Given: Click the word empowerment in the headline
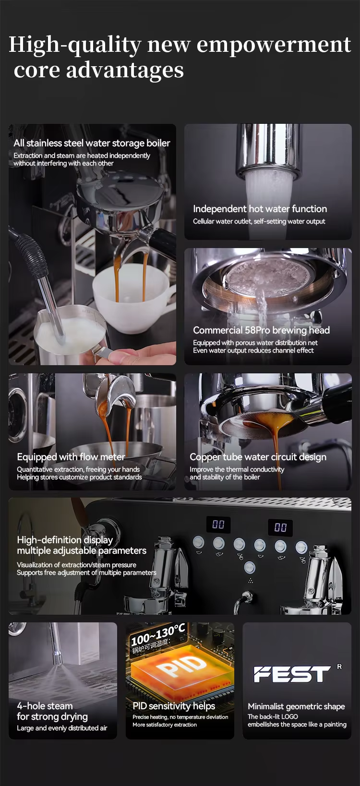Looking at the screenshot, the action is click(x=274, y=45).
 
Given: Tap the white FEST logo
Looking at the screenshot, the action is click(x=292, y=674).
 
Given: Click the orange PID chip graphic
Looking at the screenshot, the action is click(x=182, y=667).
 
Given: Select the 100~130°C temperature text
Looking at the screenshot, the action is click(x=157, y=635).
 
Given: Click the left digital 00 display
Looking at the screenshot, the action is click(x=218, y=524).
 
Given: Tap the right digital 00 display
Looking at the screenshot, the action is click(x=280, y=527).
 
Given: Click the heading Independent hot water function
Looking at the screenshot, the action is click(x=260, y=209).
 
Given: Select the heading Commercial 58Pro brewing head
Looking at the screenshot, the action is click(x=262, y=330).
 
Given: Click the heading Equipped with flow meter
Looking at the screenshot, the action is click(x=71, y=457).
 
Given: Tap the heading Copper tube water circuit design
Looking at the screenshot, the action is click(x=258, y=457).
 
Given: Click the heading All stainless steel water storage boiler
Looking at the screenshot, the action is click(x=92, y=143).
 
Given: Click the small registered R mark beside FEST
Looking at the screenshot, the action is click(x=339, y=667).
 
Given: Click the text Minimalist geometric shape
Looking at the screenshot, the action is click(x=296, y=706).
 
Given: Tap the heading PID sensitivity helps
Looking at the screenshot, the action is click(x=174, y=706).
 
